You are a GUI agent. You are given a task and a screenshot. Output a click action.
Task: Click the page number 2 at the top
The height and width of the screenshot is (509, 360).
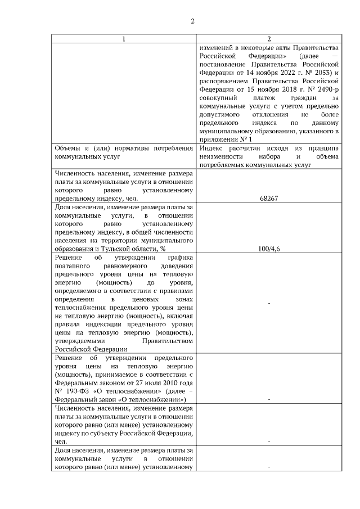click(x=192, y=21)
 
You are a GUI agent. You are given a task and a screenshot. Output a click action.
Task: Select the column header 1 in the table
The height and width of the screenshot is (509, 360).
click(x=125, y=39)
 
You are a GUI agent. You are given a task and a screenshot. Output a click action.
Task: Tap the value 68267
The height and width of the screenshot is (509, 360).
click(x=269, y=198)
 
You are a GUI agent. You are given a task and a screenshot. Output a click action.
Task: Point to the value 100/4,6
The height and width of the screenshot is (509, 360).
click(x=269, y=248)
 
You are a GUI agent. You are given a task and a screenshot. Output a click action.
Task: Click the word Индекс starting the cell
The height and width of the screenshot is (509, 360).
click(x=210, y=148)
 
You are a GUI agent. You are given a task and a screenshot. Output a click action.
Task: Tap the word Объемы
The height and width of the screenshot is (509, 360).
click(x=66, y=148)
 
